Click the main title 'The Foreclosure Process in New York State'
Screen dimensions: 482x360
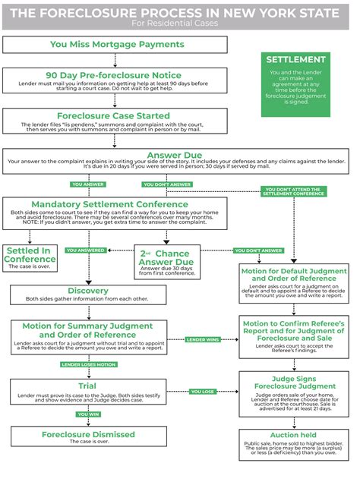pyautogui.click(x=180, y=12)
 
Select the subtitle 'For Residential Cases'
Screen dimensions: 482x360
pyautogui.click(x=180, y=24)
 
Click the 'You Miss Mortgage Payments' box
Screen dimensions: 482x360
pyautogui.click(x=117, y=45)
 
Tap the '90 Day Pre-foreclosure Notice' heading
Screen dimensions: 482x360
pyautogui.click(x=113, y=75)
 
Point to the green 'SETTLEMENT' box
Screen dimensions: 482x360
pyautogui.click(x=296, y=83)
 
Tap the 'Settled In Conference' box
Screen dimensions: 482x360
pyautogui.click(x=30, y=259)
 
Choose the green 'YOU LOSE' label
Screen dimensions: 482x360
pyautogui.click(x=203, y=392)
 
